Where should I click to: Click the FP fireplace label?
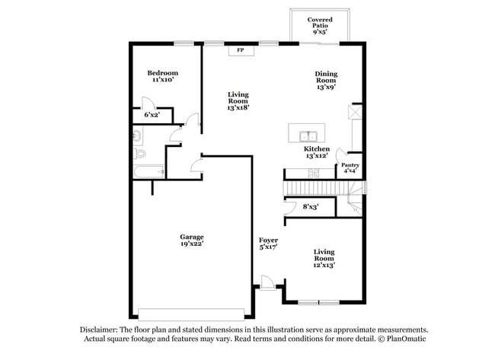coord(241,50)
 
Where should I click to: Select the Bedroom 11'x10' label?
coord(162,76)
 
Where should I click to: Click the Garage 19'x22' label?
coord(192,240)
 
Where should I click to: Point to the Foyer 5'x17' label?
coord(268,244)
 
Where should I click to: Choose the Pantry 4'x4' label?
coord(350,168)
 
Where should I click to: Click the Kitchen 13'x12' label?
coord(317,152)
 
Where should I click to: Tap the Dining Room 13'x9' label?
coord(326,81)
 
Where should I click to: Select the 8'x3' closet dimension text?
coord(311,207)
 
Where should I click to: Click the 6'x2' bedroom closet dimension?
coord(152,115)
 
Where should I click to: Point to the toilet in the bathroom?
coord(139,154)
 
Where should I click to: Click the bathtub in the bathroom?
coord(148,172)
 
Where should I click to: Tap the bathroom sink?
coord(138,136)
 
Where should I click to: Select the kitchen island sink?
coord(308,136)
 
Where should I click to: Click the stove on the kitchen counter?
coord(314,174)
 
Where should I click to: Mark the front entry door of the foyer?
coord(267,282)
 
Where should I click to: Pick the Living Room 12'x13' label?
coord(324,259)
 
